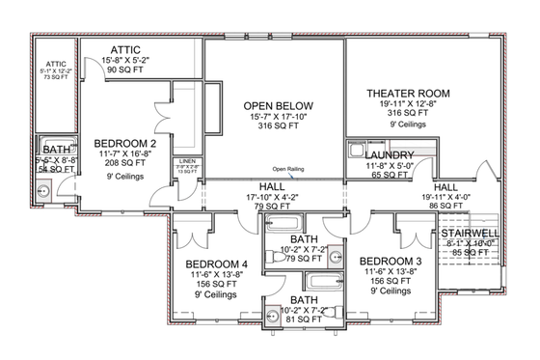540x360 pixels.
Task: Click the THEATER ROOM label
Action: (x=403, y=93)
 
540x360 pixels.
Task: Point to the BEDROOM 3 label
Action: (x=391, y=262)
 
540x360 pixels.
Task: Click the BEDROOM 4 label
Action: (x=217, y=263)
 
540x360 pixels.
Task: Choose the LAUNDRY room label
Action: (x=390, y=154)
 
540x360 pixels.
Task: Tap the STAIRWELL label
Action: (x=470, y=234)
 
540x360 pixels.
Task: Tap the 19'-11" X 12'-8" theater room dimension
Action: (x=403, y=105)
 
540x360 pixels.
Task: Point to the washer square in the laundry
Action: (x=356, y=152)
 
